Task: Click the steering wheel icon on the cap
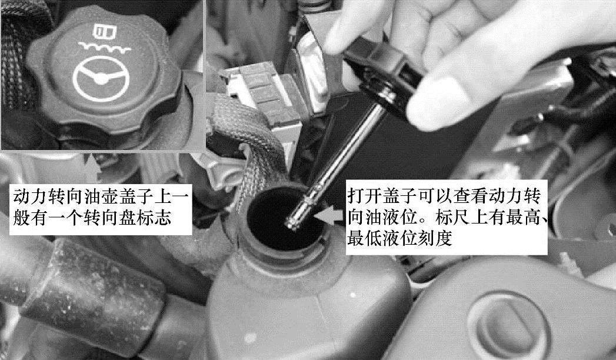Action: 101,78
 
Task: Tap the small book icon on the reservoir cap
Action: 105,32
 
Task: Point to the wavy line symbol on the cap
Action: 104,48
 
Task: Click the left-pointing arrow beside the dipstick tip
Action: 328,215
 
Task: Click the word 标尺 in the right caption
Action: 452,217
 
